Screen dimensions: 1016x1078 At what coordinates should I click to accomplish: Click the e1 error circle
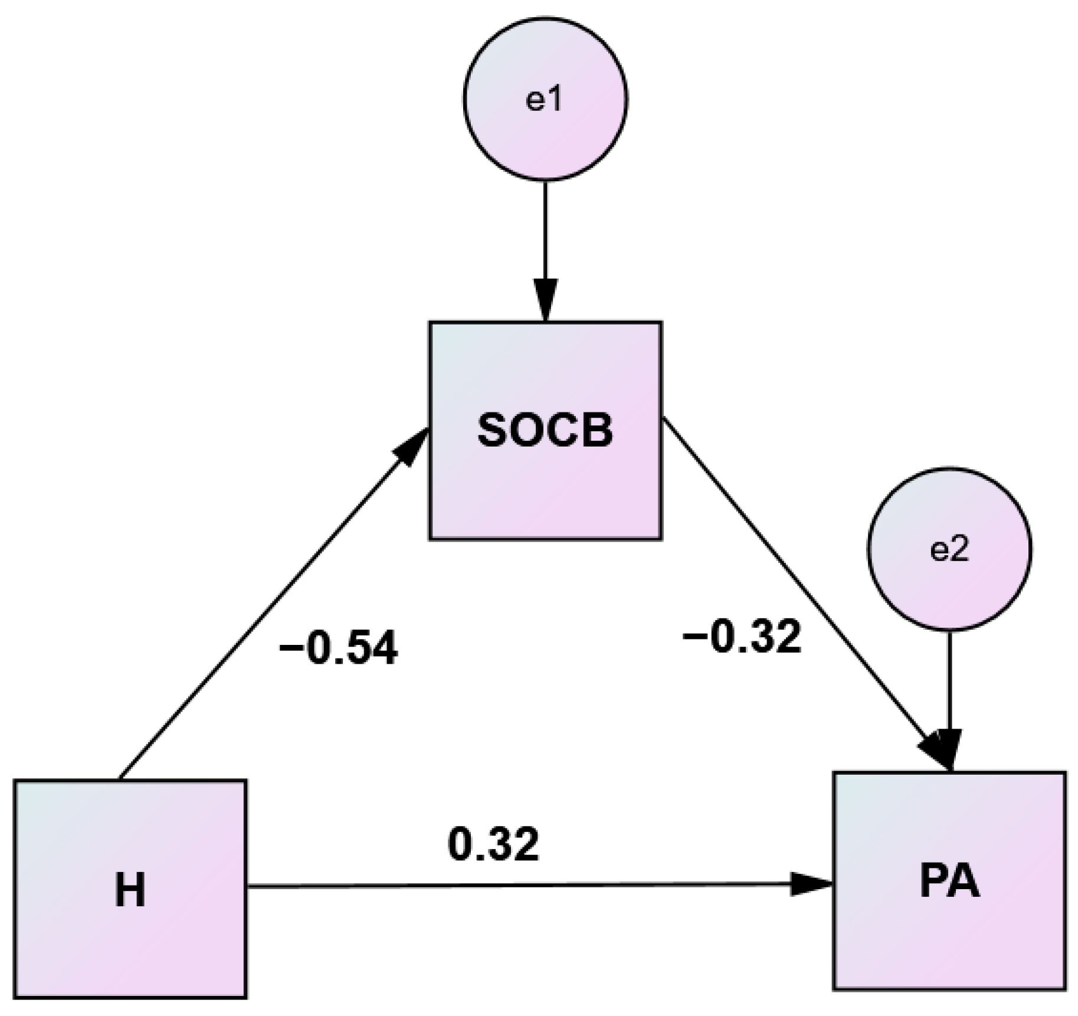coord(545,98)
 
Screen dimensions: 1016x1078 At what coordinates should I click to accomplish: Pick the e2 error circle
coord(949,549)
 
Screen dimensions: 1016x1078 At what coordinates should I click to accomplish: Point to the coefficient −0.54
coord(338,648)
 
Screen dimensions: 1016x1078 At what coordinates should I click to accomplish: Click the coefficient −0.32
coord(742,637)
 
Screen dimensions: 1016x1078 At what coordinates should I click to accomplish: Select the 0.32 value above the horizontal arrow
coord(493,844)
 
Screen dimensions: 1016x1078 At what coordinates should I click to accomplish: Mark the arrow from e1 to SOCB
coord(545,236)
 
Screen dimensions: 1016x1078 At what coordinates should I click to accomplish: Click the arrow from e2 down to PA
coord(949,679)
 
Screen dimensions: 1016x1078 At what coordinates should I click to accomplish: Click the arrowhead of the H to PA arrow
coord(811,884)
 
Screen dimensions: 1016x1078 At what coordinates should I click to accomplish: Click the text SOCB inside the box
coord(545,431)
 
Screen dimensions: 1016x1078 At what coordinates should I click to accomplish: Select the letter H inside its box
coord(130,889)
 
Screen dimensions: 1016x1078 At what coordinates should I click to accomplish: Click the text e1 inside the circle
coord(543,100)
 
